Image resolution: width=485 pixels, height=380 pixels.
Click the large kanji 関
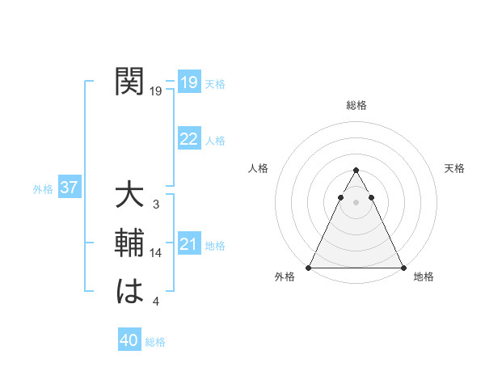point(130,82)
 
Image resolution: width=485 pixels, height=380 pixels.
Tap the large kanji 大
point(130,196)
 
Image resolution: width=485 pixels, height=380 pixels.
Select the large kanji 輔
point(130,243)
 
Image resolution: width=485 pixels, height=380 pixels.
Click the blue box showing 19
point(189,82)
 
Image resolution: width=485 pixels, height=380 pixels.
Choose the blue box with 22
point(189,139)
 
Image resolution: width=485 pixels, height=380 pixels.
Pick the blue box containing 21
point(189,244)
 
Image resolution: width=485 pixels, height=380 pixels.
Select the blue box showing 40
point(129,341)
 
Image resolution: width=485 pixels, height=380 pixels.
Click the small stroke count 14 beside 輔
point(156,253)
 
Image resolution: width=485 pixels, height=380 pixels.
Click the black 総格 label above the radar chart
point(356,105)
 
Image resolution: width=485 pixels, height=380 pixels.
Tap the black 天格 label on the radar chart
point(454,168)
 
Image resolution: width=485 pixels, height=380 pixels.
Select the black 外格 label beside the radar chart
point(285,277)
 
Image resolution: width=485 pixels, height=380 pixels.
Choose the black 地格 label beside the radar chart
point(424,277)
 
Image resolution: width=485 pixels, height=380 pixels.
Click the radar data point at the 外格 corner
point(309,268)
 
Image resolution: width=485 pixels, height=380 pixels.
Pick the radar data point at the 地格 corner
point(403,268)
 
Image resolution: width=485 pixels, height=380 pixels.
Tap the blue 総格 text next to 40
point(155,342)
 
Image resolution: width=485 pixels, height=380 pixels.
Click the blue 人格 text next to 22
point(215,141)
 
